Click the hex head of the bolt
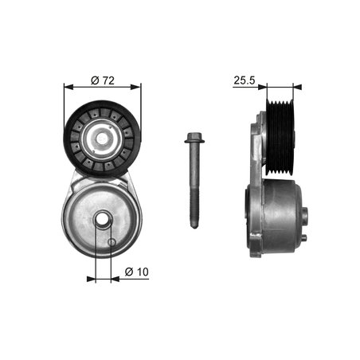pos(193,142)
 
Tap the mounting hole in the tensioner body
pos(103,222)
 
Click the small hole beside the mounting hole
pos(112,241)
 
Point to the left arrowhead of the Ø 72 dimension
pos(67,88)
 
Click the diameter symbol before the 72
pos(94,80)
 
